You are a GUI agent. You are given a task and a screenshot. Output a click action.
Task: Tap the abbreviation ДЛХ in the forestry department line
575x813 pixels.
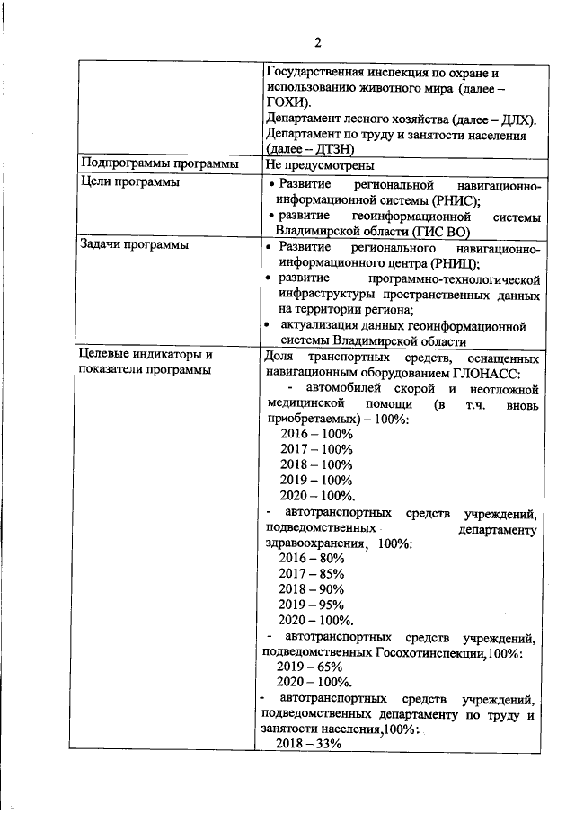[x=512, y=119]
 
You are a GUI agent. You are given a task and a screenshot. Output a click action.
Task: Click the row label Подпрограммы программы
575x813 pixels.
[x=159, y=165]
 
